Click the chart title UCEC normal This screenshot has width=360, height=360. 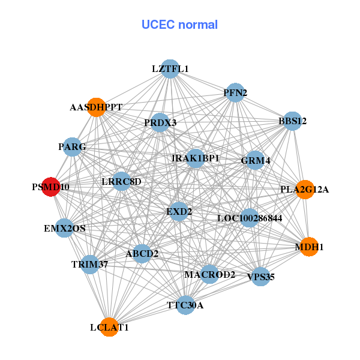click(179, 25)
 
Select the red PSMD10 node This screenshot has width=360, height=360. click(50, 187)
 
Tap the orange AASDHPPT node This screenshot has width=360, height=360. click(96, 107)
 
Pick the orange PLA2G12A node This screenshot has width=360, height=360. click(305, 189)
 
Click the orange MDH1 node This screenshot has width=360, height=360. click(309, 247)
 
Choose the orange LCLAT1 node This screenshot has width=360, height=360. click(109, 327)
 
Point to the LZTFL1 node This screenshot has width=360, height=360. click(170, 69)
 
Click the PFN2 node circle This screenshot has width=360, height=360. click(235, 92)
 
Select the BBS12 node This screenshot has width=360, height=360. click(292, 121)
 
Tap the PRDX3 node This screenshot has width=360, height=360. click(160, 122)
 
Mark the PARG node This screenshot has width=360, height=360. click(73, 146)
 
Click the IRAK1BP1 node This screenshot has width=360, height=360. click(196, 158)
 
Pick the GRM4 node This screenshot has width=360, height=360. click(256, 160)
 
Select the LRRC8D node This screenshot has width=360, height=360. click(121, 181)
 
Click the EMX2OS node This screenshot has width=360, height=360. click(65, 228)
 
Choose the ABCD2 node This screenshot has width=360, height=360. click(142, 253)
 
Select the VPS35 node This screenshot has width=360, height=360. click(260, 277)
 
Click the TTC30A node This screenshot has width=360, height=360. click(185, 305)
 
